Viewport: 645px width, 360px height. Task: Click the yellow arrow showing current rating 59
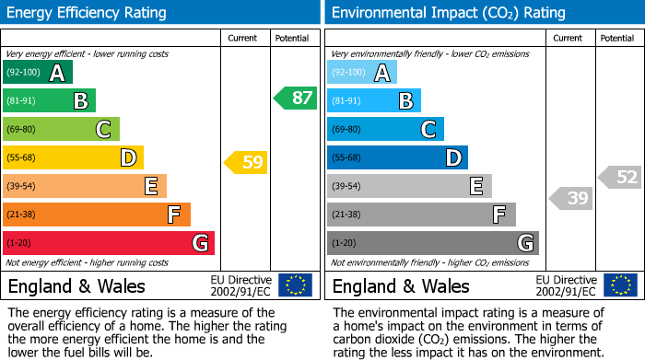246,163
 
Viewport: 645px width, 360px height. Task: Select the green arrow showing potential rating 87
296,98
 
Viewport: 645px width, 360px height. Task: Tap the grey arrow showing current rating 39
571,198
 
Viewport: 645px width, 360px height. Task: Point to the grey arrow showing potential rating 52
620,177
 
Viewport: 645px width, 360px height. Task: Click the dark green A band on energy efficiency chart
38,73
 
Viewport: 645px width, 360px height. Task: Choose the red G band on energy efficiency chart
109,243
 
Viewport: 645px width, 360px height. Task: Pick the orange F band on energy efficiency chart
97,215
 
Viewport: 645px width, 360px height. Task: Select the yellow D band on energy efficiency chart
73,158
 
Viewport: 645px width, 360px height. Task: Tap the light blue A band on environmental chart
362,73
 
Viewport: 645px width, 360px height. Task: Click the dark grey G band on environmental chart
432,243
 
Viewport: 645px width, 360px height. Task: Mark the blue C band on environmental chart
385,130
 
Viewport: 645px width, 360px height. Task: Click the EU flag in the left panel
295,285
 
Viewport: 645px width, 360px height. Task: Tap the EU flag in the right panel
621,285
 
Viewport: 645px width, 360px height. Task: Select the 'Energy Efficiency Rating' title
88,13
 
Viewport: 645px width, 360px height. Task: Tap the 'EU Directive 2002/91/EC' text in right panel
566,285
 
